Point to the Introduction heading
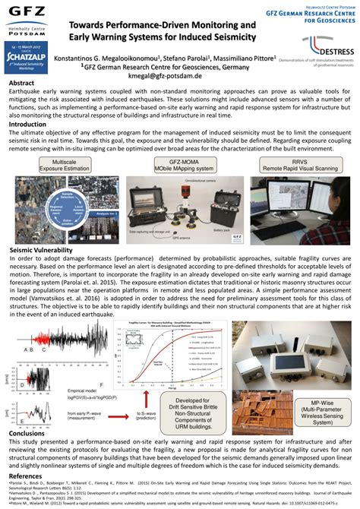(27, 124)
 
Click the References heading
(26, 475)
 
